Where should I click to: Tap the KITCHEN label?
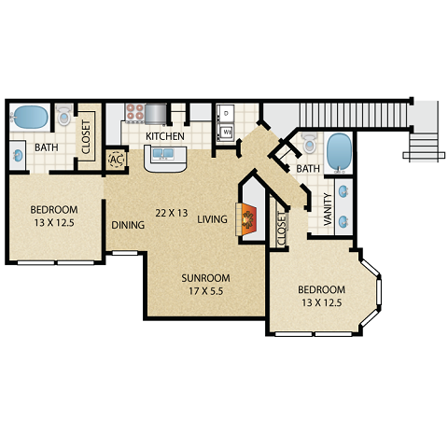click(x=165, y=137)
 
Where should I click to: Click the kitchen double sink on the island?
click(x=165, y=156)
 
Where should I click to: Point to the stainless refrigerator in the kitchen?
click(x=156, y=113)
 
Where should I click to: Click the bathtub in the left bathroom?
click(x=30, y=118)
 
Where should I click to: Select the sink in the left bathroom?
click(x=19, y=155)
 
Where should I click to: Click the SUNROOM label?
click(x=204, y=278)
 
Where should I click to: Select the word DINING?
click(x=127, y=225)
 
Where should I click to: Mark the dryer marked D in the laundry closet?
click(x=226, y=114)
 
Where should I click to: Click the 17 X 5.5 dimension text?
click(x=204, y=291)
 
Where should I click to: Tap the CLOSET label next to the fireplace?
click(x=282, y=229)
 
